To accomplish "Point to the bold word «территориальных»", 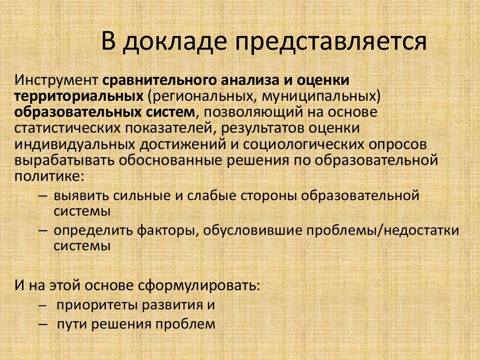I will tap(79, 96).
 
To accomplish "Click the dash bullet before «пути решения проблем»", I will tap(43, 324).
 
